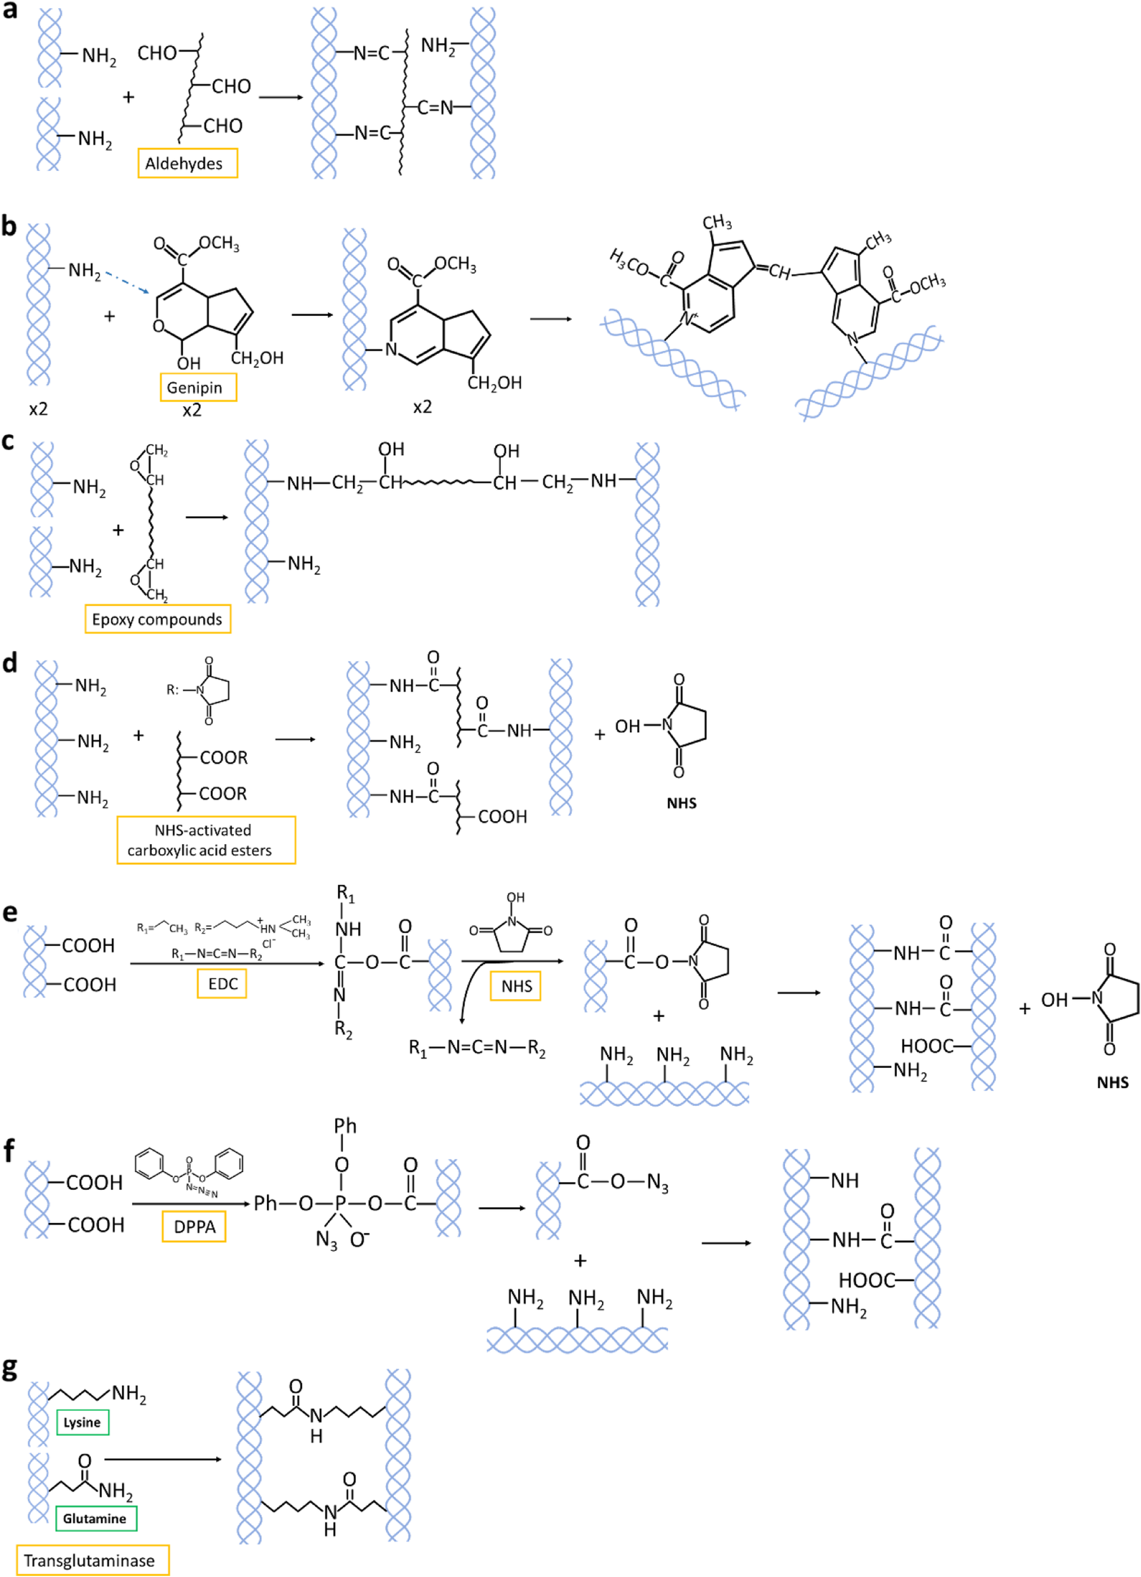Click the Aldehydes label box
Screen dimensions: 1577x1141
[187, 163]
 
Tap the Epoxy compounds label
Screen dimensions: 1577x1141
[157, 619]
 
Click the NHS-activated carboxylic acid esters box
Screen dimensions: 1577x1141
[206, 840]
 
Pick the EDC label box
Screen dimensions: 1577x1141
[222, 984]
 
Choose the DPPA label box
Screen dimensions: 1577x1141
[194, 1227]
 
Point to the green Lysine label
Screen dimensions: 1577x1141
[82, 1422]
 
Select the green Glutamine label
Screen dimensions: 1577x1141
[95, 1519]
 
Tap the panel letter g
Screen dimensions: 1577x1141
[10, 1368]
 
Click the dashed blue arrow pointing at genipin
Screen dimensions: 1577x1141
[128, 282]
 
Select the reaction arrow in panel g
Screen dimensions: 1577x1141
[163, 1459]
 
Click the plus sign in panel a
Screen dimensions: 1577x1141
[128, 97]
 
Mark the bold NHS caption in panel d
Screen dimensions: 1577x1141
[681, 803]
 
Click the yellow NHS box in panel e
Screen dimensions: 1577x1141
[516, 986]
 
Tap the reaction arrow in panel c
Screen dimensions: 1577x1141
[207, 517]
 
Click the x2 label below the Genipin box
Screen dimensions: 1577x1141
[192, 410]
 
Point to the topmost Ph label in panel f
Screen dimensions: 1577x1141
[345, 1126]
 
